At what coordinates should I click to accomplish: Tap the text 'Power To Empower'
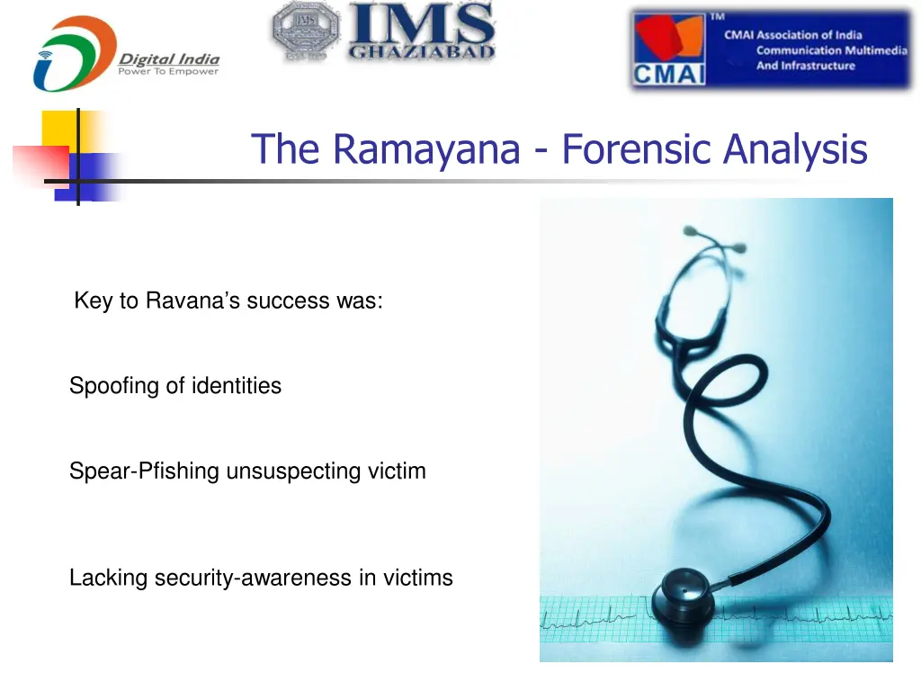pos(168,72)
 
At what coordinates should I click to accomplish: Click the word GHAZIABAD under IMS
pos(422,51)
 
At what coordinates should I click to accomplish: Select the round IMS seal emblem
pos(305,32)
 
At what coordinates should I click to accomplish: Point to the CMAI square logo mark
pos(668,50)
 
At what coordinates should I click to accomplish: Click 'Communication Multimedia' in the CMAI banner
pos(831,50)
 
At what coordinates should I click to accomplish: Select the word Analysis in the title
pos(798,149)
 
